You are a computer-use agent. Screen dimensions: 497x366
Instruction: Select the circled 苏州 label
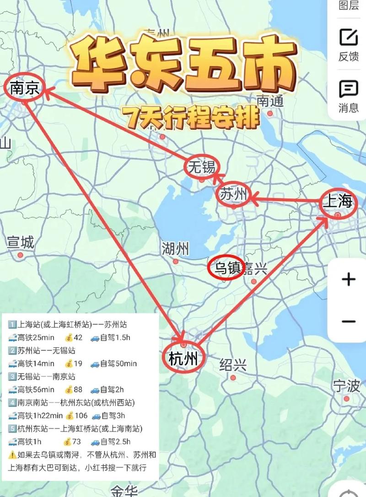click(x=233, y=195)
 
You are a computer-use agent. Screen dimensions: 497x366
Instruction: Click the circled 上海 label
click(x=339, y=202)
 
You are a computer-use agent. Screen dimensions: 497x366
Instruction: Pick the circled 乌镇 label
click(x=225, y=268)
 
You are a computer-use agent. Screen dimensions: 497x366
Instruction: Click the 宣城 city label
click(x=21, y=243)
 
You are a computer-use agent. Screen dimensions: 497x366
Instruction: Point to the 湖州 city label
click(x=175, y=249)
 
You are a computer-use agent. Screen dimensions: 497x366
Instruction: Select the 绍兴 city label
click(x=233, y=365)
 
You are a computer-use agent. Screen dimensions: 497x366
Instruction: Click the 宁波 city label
click(x=346, y=386)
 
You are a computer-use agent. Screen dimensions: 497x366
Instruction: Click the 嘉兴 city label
click(x=254, y=268)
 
